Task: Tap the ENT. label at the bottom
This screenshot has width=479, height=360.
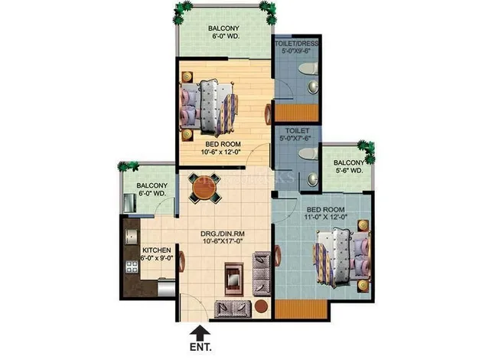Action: coord(201,349)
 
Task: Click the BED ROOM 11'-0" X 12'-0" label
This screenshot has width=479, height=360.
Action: coord(337,213)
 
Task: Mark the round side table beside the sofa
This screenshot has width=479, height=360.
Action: coord(262,306)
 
